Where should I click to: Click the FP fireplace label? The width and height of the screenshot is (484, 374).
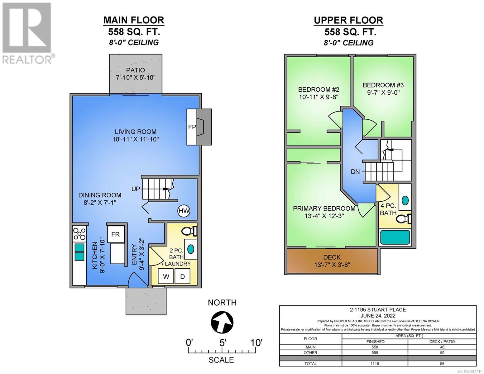tap(192, 127)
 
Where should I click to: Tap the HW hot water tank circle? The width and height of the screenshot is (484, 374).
tap(184, 211)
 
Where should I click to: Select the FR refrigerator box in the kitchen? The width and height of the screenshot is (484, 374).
tap(115, 234)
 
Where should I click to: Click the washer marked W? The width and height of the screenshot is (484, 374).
tap(166, 276)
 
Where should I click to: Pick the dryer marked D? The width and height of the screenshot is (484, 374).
tap(182, 276)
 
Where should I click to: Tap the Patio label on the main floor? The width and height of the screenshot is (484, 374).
tap(136, 70)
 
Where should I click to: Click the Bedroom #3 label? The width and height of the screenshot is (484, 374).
tap(383, 85)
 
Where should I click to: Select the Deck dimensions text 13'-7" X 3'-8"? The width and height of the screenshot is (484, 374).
tap(332, 265)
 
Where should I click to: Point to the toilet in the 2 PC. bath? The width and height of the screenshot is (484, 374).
tap(189, 232)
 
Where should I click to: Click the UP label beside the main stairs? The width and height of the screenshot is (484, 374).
tap(136, 189)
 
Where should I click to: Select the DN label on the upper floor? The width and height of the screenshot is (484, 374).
tap(355, 172)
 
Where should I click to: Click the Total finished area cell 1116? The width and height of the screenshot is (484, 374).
tap(375, 363)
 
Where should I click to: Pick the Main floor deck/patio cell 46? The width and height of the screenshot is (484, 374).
tap(442, 347)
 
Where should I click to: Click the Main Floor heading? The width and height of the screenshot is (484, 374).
tap(134, 20)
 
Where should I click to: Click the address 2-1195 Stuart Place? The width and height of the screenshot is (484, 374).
tap(378, 310)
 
